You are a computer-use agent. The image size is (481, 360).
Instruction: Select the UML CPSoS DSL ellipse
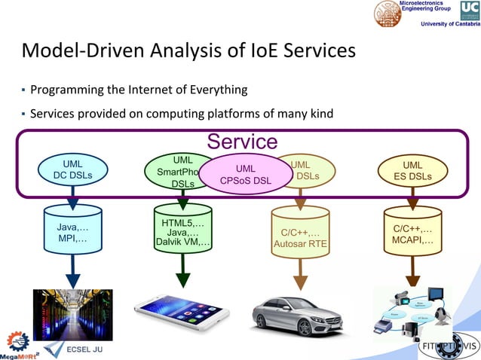click(x=245, y=175)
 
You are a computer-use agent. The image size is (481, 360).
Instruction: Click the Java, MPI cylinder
click(x=73, y=230)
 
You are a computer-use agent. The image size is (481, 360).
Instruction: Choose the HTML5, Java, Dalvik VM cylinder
click(x=182, y=230)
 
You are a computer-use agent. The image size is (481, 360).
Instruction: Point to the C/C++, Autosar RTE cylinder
click(x=300, y=233)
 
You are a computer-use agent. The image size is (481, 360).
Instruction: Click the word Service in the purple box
click(x=242, y=142)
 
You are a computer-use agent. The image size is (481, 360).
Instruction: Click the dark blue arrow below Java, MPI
click(x=73, y=270)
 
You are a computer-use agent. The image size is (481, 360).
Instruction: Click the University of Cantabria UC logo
click(x=468, y=11)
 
